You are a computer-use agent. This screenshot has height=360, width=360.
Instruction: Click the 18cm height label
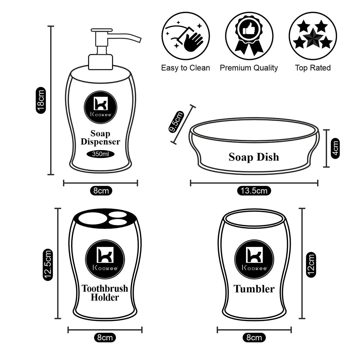[x=40, y=100]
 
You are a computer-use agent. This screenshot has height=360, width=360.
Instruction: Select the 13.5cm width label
[x=254, y=190]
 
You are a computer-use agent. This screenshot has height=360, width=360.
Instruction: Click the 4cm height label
[x=335, y=148]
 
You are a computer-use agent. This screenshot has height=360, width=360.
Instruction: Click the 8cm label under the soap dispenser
[x=101, y=190]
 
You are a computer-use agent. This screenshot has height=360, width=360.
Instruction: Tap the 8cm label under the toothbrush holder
[x=105, y=337]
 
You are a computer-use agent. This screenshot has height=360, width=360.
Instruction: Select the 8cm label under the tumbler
[x=254, y=337]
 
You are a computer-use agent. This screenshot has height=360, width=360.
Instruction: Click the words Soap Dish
[x=254, y=157]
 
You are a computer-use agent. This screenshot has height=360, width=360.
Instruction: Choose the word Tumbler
[x=254, y=289]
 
